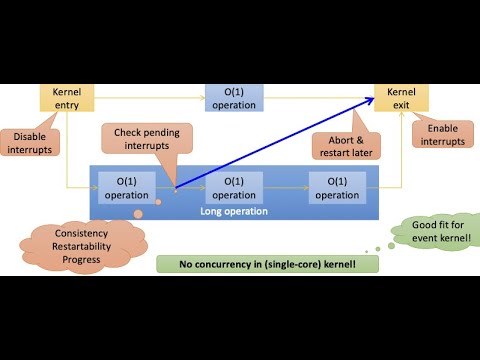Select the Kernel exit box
pyautogui.click(x=395, y=98)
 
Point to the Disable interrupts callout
pyautogui.click(x=27, y=141)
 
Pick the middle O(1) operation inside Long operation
pyautogui.click(x=236, y=187)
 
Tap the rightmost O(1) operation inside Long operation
pyautogui.click(x=335, y=187)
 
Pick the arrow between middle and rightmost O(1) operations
pyautogui.click(x=285, y=187)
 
